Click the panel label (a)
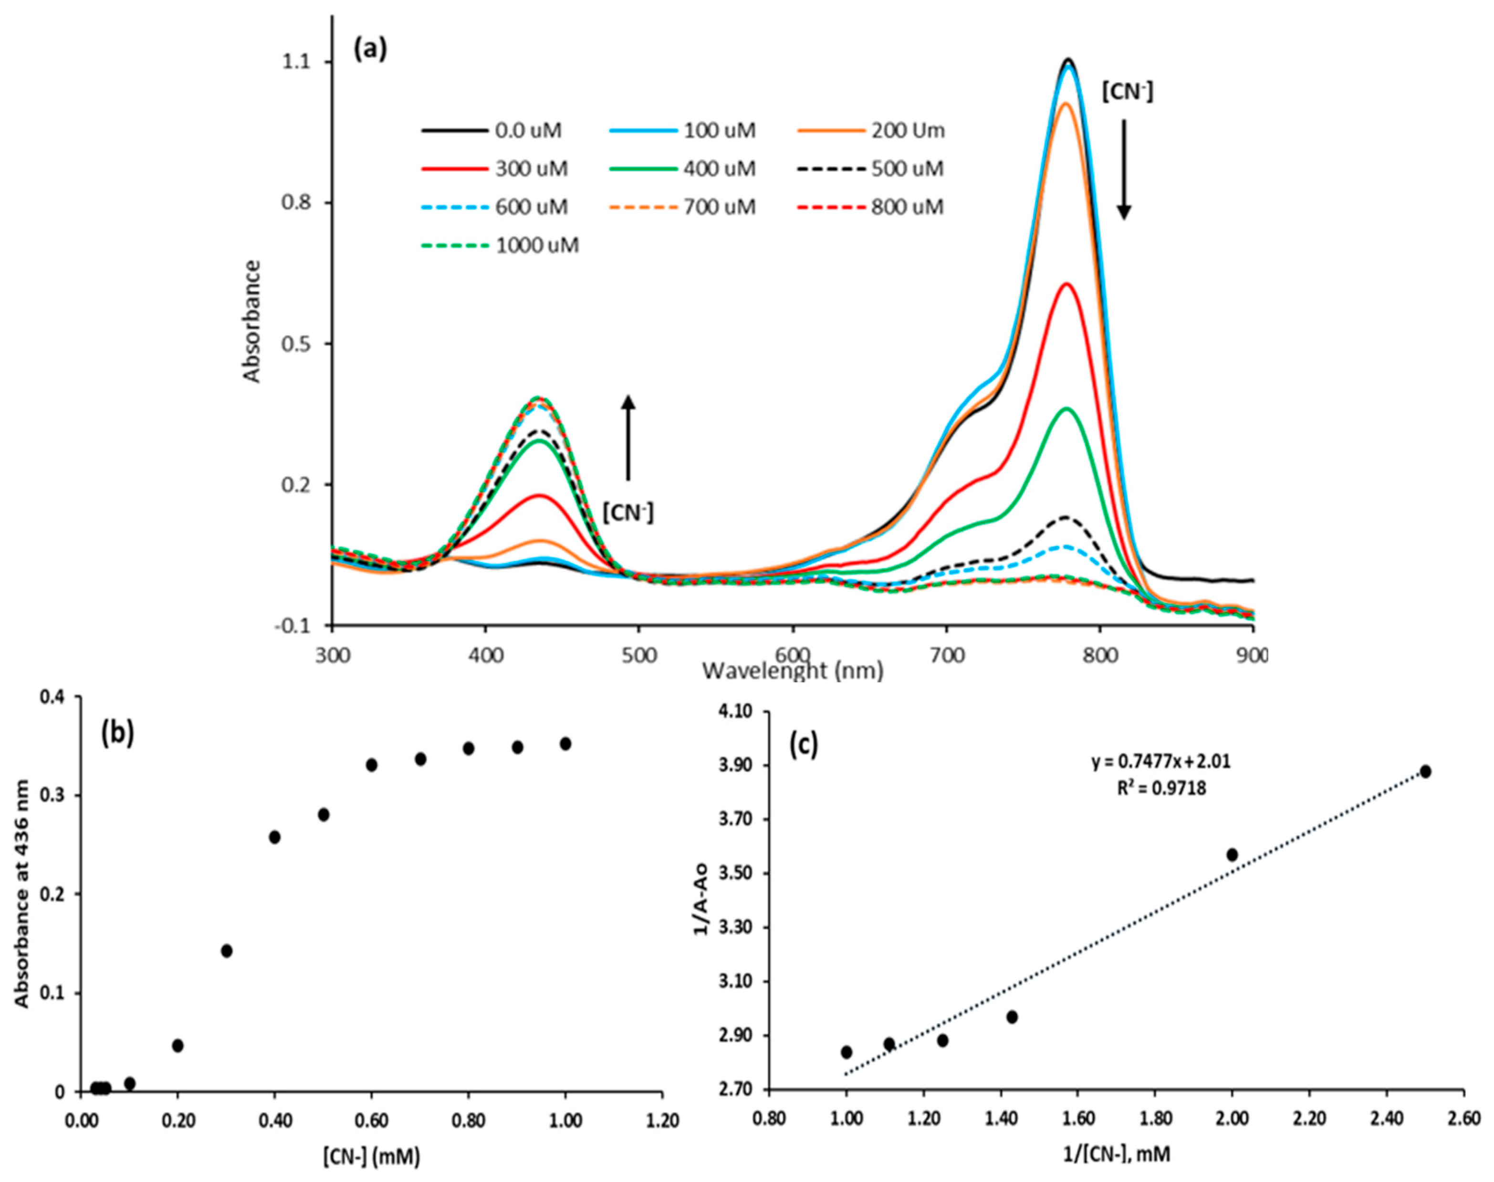(370, 50)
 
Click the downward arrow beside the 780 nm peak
(1124, 169)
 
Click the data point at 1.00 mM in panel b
(565, 744)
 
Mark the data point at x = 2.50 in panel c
(1425, 772)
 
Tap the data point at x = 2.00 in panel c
(1232, 855)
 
